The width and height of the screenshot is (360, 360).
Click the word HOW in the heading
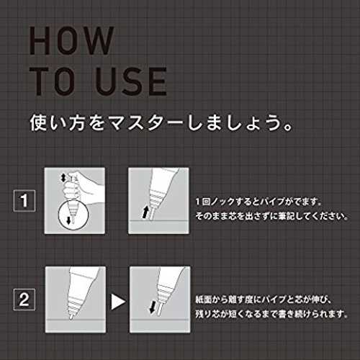[71, 40]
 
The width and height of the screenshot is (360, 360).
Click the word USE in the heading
[131, 81]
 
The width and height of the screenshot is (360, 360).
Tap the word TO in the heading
[51, 81]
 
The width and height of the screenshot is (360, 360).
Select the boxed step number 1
[24, 201]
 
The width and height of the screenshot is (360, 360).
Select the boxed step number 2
[24, 300]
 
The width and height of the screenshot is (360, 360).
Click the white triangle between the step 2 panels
[118, 302]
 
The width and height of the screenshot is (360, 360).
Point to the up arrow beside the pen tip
[145, 212]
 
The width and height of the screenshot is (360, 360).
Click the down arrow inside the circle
[68, 220]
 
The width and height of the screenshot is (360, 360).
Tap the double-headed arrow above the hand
[63, 178]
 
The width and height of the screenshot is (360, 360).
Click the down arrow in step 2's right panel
[153, 307]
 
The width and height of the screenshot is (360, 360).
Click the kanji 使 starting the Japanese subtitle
[38, 123]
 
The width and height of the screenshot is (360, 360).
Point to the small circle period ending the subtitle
[287, 127]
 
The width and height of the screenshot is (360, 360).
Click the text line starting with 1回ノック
[258, 202]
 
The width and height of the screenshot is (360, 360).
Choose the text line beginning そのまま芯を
[271, 216]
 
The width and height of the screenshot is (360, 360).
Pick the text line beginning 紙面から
[264, 300]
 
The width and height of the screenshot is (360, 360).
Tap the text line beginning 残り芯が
[271, 314]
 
